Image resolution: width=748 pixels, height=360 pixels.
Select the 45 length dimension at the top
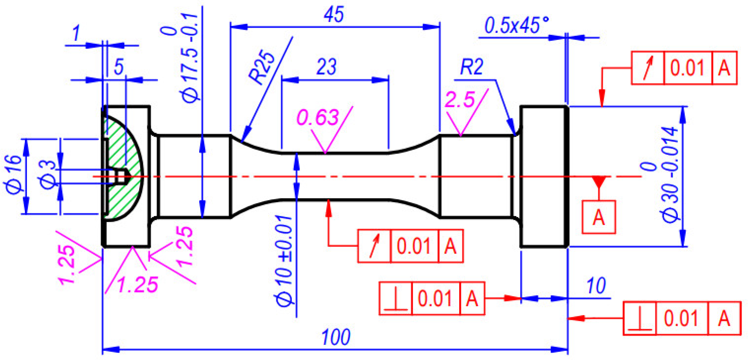pos(334,14)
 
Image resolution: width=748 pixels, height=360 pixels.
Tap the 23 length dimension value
pos(326,66)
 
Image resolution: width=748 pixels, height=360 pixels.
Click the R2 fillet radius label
pos(471,67)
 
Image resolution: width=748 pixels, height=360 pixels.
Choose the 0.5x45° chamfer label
pos(516,25)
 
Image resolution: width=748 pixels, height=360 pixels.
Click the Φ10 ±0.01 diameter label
pos(284,261)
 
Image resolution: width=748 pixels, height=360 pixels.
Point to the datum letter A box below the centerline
pos(598,217)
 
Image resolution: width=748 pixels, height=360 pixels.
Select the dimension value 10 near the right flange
pos(596,286)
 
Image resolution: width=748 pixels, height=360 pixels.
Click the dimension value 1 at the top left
pos(76,33)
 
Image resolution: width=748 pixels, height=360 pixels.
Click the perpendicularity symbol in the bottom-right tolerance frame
pos(640,318)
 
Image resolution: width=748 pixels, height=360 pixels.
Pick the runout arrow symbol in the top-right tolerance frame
pos(648,68)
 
